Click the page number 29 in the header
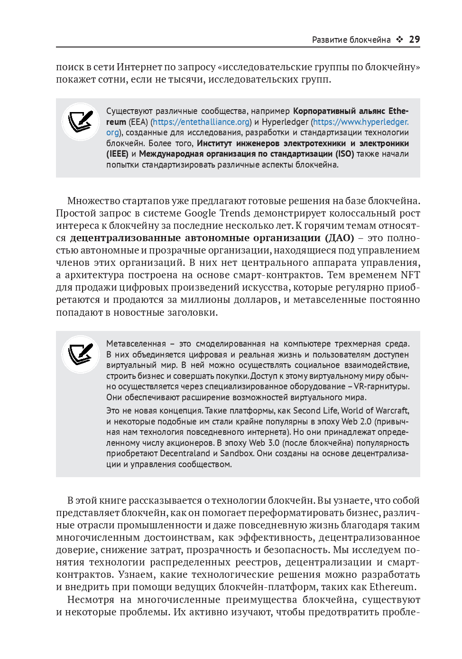[414, 39]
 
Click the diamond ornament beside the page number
[400, 39]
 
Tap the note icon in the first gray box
[81, 122]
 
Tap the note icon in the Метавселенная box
[81, 354]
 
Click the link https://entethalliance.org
[201, 122]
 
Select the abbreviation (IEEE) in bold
[117, 154]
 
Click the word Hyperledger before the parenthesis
[285, 122]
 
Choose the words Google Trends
[217, 213]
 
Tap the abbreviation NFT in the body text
[410, 275]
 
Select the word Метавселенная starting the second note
[136, 344]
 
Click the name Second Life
[314, 411]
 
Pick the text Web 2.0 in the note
[356, 422]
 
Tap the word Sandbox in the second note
[237, 453]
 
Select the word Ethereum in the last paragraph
[392, 587]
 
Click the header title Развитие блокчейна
[351, 40]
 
